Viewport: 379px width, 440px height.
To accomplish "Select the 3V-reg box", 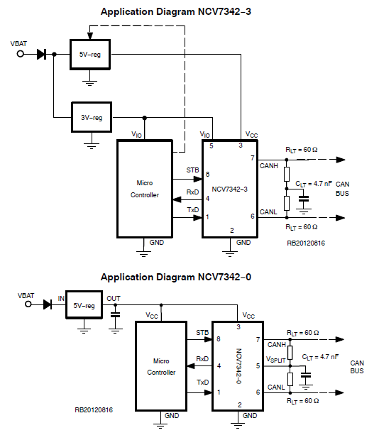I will [91, 119].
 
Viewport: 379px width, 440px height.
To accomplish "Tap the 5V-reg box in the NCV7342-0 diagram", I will [84, 305].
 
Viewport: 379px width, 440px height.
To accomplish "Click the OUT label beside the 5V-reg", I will [114, 299].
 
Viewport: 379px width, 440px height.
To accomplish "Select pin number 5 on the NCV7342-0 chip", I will [258, 365].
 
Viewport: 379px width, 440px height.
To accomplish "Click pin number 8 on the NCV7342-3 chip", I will [207, 174].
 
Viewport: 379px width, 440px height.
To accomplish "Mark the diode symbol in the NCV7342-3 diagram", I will [41, 54].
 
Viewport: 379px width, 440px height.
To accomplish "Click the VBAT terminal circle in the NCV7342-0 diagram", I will [29, 304].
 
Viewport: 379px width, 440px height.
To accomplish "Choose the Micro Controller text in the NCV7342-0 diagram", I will [161, 366].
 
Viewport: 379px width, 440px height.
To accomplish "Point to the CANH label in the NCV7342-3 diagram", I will [269, 166].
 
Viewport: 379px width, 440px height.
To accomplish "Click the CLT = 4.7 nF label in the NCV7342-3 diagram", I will [312, 183].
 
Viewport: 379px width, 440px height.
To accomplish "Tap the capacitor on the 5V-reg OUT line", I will [116, 314].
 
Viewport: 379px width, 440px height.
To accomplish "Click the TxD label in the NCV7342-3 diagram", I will [192, 210].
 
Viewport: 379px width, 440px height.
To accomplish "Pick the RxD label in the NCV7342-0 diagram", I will [202, 358].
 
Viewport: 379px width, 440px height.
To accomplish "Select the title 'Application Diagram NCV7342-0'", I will [176, 277].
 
